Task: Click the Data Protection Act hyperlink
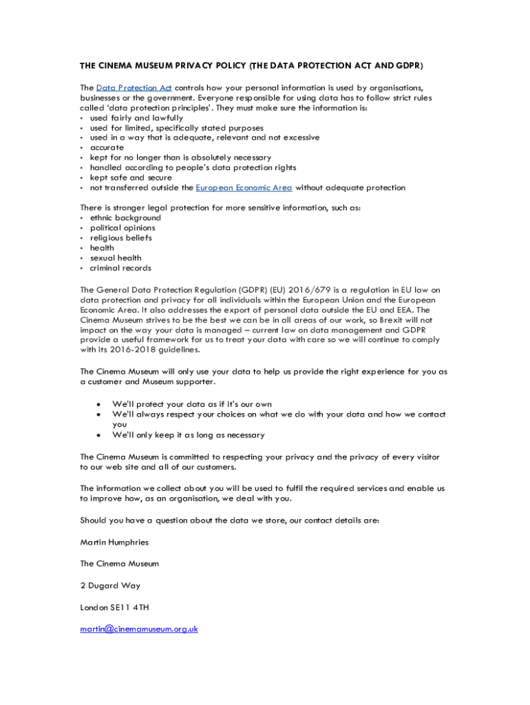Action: (134, 87)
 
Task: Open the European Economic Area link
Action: (244, 187)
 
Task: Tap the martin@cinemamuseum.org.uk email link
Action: (139, 629)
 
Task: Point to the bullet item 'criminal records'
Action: (120, 268)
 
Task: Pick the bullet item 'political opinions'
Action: (123, 228)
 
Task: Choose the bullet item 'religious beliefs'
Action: (121, 238)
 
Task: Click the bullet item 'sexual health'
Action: (116, 258)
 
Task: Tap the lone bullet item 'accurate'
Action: (107, 147)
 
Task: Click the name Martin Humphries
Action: (114, 542)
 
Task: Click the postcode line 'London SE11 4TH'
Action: (114, 608)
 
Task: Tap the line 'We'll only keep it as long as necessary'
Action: (188, 435)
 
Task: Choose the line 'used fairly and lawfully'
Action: (136, 118)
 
